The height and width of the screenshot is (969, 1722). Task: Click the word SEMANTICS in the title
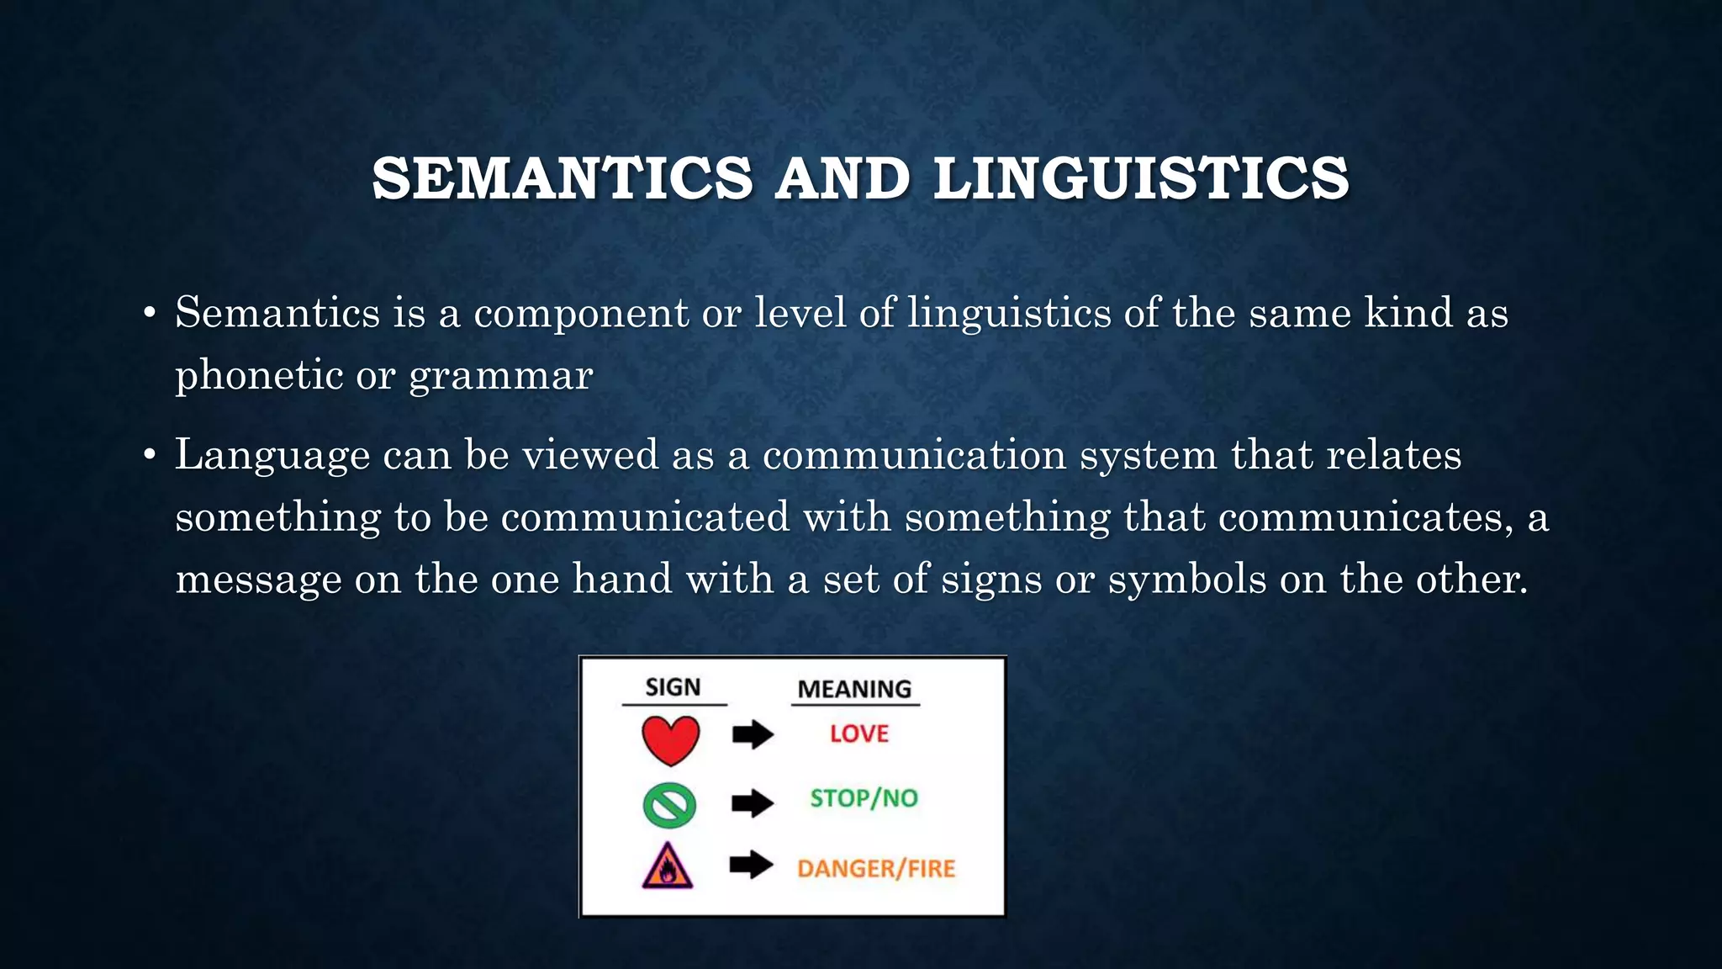click(562, 178)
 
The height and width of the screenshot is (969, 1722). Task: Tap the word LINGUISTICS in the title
click(1141, 178)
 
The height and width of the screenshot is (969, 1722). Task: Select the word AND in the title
click(843, 178)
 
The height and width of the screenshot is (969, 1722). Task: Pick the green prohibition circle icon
click(669, 805)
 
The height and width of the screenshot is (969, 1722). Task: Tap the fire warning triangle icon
click(668, 866)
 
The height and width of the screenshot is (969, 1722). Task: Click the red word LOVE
click(858, 733)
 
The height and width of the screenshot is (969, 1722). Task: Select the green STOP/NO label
click(864, 797)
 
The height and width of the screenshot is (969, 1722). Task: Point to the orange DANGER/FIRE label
click(876, 868)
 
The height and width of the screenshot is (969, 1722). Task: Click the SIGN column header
click(673, 687)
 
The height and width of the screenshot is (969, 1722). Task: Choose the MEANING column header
click(854, 689)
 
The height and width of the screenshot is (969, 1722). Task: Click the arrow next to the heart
click(753, 734)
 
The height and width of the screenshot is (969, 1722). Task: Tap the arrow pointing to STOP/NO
click(753, 803)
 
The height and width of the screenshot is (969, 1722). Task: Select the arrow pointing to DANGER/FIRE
click(751, 865)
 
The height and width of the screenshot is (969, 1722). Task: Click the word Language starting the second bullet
click(272, 456)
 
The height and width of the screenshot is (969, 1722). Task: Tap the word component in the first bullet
click(581, 314)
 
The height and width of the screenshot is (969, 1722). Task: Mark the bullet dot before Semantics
click(150, 314)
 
